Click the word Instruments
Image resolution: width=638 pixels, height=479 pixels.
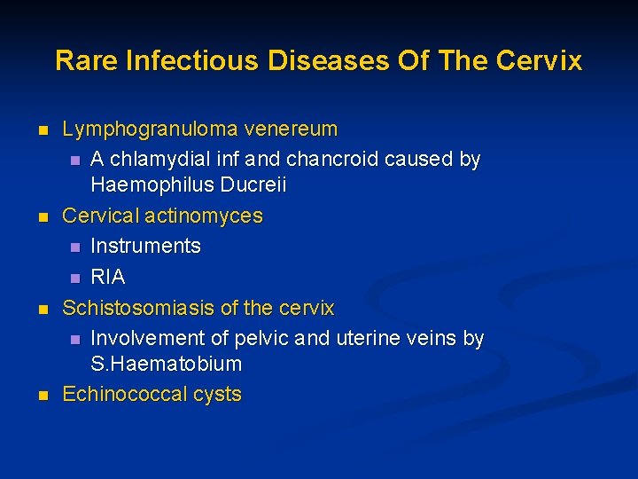(x=145, y=246)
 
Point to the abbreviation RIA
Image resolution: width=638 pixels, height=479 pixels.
(x=108, y=277)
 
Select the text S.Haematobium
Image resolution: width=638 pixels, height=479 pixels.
(x=166, y=365)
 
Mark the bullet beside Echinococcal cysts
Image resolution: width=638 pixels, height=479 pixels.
(x=41, y=396)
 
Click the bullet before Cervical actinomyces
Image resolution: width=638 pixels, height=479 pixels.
(x=41, y=217)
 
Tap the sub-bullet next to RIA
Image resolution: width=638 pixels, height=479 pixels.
(x=75, y=279)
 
